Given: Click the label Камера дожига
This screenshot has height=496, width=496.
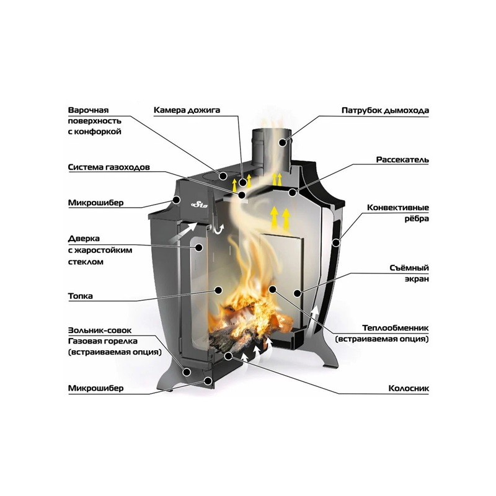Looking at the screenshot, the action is [187, 110].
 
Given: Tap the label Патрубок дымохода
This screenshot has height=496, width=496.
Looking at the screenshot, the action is [385, 110].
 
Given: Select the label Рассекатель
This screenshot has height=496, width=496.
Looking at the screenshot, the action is [402, 160].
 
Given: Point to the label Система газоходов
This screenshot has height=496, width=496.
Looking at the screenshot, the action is [109, 167].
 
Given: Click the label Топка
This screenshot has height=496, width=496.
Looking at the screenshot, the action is [81, 296].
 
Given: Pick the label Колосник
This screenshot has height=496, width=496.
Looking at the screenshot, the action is [409, 388].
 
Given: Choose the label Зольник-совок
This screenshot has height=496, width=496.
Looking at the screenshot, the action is [100, 330].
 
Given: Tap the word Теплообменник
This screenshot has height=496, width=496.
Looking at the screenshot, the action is [396, 328].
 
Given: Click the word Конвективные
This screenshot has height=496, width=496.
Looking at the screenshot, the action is [398, 208].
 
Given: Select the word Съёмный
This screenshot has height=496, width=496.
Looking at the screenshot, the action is [409, 268].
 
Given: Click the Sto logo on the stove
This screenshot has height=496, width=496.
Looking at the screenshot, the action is [200, 205].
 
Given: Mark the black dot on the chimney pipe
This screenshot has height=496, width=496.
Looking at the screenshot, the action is [283, 143].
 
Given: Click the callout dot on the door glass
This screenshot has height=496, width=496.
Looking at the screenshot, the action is [198, 247].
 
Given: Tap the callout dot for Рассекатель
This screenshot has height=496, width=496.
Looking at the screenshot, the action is [293, 192].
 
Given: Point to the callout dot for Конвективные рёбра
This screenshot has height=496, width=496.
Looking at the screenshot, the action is [335, 242].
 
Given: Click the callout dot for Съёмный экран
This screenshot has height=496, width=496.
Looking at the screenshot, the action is [297, 293].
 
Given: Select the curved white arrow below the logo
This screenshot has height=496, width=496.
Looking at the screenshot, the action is [218, 228].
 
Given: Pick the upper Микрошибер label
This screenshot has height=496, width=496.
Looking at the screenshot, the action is [96, 203].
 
